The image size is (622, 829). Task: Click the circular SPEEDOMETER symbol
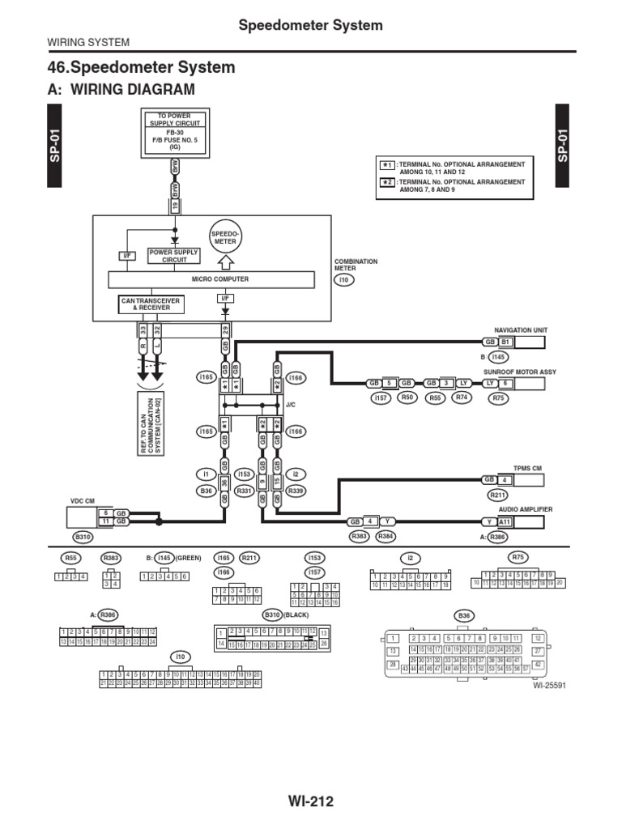226,238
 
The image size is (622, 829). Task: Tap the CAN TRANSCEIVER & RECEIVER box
151,304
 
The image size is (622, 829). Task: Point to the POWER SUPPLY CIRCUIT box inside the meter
173,256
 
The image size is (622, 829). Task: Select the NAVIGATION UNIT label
521,330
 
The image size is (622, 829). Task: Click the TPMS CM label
526,468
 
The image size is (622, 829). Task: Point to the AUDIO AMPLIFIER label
526,508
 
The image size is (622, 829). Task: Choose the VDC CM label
83,500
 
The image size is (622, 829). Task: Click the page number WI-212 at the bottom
310,801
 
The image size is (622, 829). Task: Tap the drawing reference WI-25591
547,685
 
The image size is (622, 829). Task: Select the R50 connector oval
407,398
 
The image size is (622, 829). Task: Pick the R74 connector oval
462,398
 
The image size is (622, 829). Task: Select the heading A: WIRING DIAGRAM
122,90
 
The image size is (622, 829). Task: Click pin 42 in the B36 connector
538,665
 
